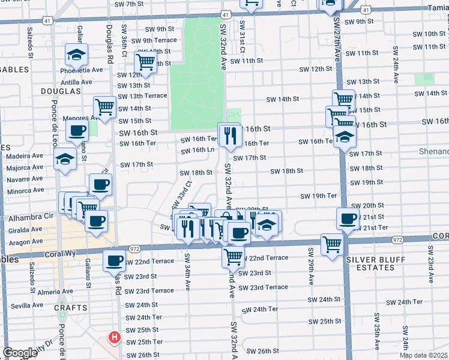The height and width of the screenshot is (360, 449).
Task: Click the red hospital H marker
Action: pyautogui.click(x=114, y=338)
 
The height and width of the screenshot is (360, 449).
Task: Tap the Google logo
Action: pyautogui.click(x=20, y=353)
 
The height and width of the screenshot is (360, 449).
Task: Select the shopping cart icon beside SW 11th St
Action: pyautogui.click(x=145, y=61)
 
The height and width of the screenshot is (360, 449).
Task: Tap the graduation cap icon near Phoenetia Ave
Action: pyautogui.click(x=76, y=55)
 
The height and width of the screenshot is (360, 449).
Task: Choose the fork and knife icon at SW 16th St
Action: pyautogui.click(x=229, y=136)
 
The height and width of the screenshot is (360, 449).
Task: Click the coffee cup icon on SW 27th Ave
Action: pyautogui.click(x=348, y=219)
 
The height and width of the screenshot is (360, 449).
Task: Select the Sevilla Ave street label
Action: pyautogui.click(x=25, y=305)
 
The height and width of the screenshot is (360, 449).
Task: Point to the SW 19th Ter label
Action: pyautogui.click(x=319, y=196)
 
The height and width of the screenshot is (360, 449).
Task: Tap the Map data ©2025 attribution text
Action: pyautogui.click(x=423, y=355)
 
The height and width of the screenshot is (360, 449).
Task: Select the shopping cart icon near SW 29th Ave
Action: pyautogui.click(x=332, y=244)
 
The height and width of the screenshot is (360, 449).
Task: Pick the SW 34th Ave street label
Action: pyautogui.click(x=187, y=271)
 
